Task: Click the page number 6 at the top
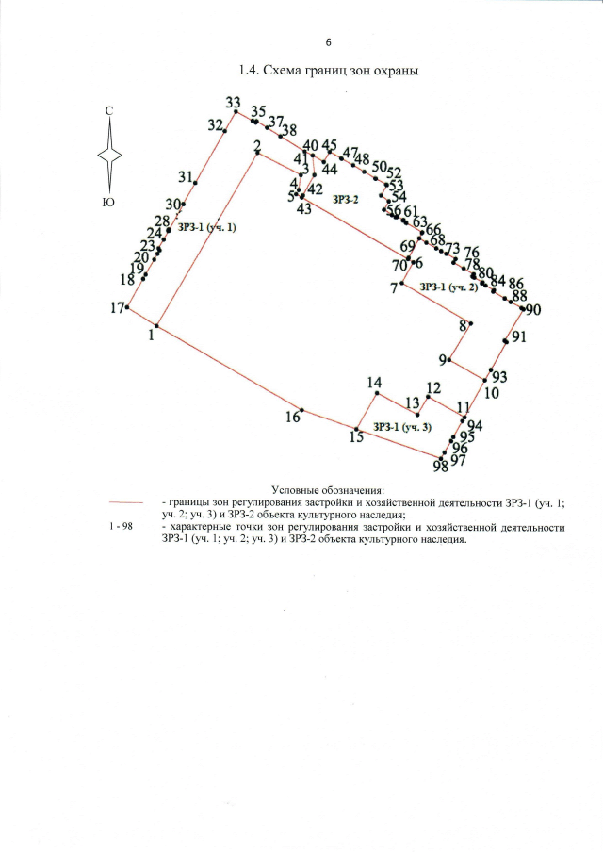click(x=329, y=43)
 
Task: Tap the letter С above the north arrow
click(x=109, y=112)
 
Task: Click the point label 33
click(x=234, y=102)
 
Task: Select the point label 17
click(x=117, y=308)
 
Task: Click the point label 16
click(x=293, y=417)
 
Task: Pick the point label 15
click(x=355, y=436)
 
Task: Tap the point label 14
click(x=374, y=383)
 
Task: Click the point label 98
click(x=440, y=466)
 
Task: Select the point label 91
click(x=519, y=337)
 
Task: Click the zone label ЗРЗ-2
click(x=346, y=200)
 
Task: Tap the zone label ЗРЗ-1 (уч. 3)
click(x=401, y=427)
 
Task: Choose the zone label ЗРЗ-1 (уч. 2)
click(x=448, y=287)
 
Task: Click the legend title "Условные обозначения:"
click(x=328, y=490)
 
